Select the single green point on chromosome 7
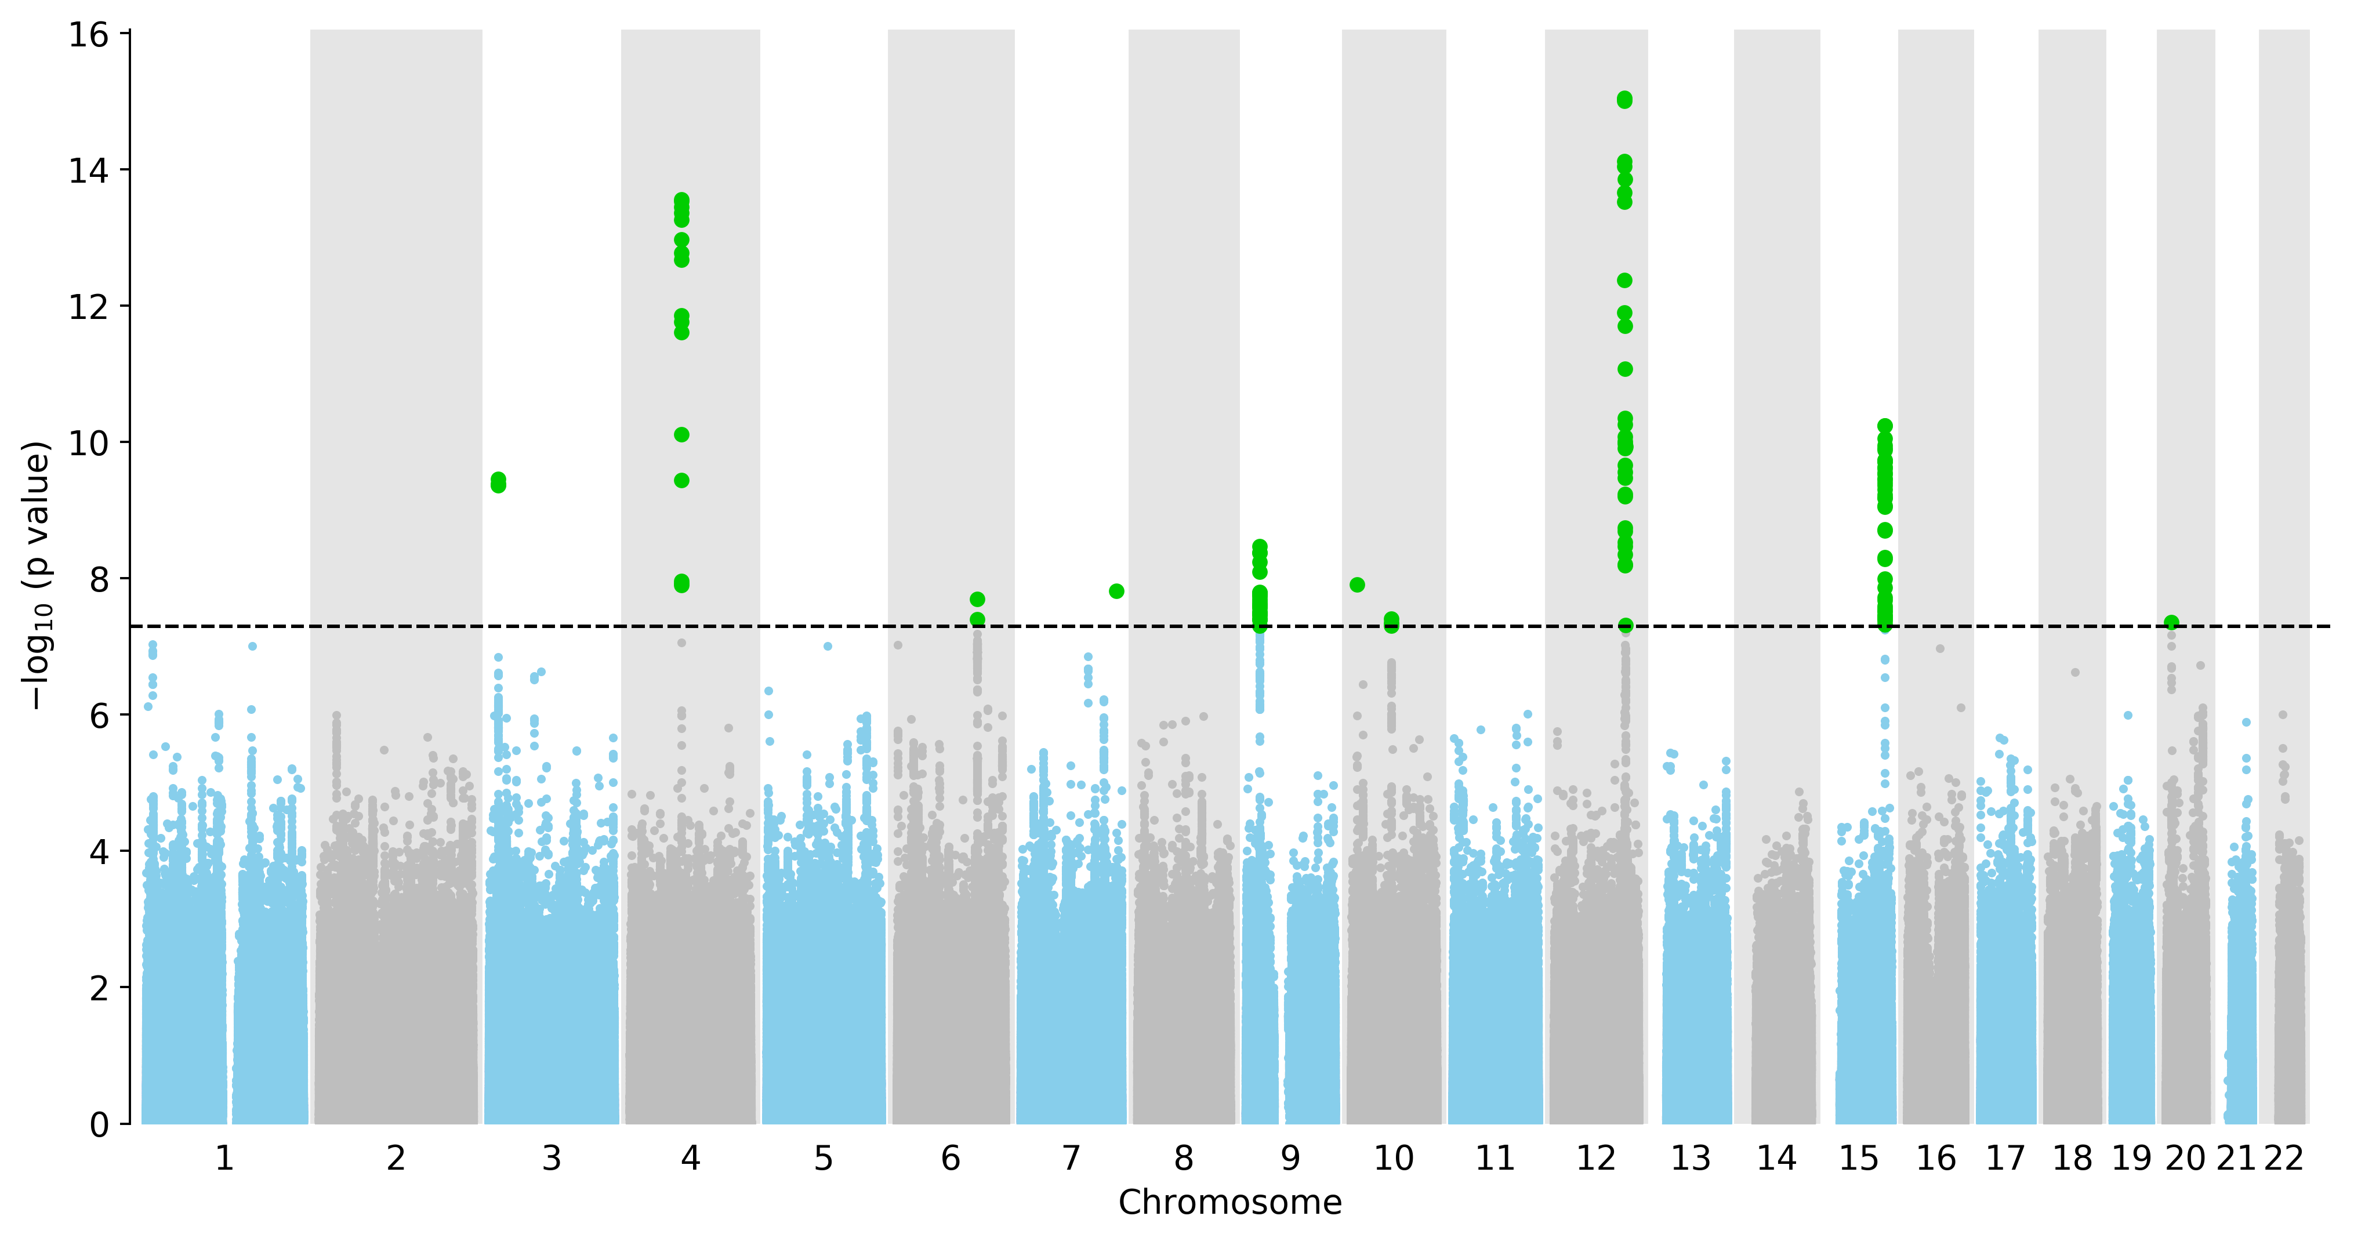(1116, 592)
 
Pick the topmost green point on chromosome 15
(1884, 426)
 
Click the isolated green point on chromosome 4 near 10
(681, 435)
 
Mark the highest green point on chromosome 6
(977, 600)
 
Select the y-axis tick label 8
(99, 579)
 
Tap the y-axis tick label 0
(99, 1124)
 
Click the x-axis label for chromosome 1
(224, 1159)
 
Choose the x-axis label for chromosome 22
(2284, 1159)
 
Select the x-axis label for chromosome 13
(1691, 1159)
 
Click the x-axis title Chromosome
(1230, 1203)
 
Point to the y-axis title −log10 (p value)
(37, 576)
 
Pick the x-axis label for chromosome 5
(824, 1159)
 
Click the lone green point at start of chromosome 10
(1357, 585)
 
